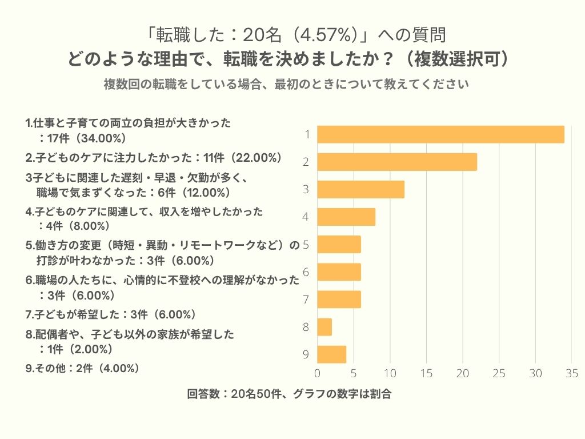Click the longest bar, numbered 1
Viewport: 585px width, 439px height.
click(440, 134)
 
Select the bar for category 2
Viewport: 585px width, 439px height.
click(397, 162)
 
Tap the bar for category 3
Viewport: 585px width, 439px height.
click(360, 189)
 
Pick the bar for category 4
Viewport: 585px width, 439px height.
click(346, 217)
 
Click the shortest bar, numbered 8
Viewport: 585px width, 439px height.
click(324, 327)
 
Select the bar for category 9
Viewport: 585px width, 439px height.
click(331, 354)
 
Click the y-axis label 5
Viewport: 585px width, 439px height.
click(306, 245)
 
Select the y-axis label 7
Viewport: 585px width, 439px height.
click(306, 300)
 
